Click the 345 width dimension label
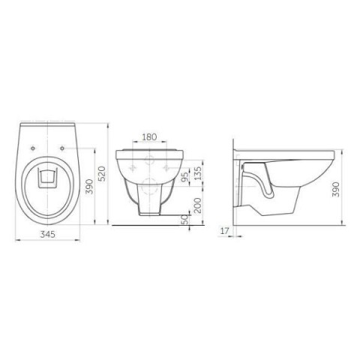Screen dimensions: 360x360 [48, 235]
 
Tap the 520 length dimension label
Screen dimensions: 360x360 [102, 174]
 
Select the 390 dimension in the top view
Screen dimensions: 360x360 [89, 187]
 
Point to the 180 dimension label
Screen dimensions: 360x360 [149, 137]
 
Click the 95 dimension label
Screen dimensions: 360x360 [184, 177]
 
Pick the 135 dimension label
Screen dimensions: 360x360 [197, 173]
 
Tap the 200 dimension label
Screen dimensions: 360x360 [198, 205]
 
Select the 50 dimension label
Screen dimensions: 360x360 [184, 219]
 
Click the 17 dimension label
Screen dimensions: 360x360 [224, 231]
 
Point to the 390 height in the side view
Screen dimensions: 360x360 [336, 189]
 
